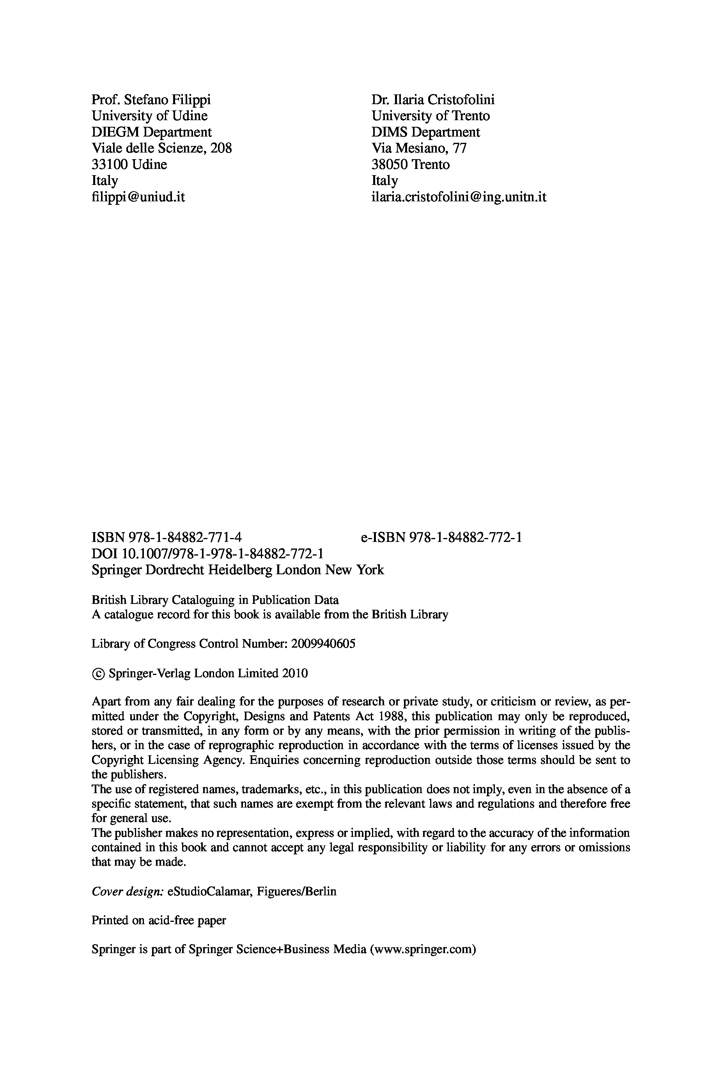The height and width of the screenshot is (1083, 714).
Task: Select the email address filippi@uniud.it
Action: click(138, 197)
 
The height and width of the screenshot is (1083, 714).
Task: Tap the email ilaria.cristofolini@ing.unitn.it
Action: click(459, 197)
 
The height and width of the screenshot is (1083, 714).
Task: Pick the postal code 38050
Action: click(390, 164)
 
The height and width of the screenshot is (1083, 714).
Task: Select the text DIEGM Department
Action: click(152, 132)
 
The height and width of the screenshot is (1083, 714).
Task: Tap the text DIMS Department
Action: click(425, 132)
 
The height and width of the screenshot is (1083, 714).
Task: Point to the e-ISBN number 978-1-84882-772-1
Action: click(466, 538)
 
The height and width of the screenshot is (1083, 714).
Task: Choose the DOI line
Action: click(207, 554)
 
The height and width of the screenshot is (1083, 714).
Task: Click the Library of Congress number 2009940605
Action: click(323, 644)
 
